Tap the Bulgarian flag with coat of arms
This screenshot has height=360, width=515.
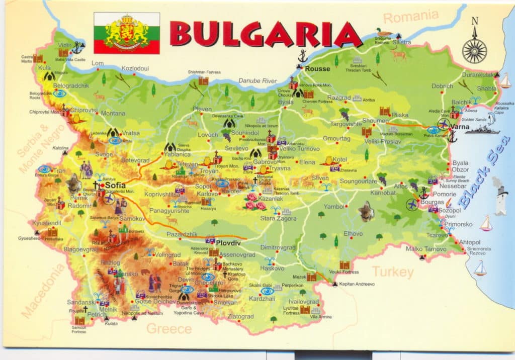click(x=127, y=33)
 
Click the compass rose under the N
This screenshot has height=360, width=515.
click(x=474, y=50)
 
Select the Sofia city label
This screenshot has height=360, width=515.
click(x=115, y=186)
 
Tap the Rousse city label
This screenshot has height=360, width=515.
click(x=318, y=68)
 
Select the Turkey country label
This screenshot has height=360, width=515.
click(x=392, y=273)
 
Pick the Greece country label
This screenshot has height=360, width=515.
click(x=169, y=329)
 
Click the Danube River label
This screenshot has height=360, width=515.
click(x=257, y=80)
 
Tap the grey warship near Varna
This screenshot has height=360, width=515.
click(x=482, y=129)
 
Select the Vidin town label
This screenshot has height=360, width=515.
click(x=64, y=45)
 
